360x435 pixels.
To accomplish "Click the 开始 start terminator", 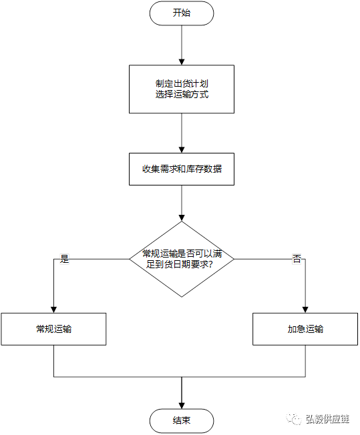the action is [x=182, y=13].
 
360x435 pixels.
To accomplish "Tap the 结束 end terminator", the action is [x=182, y=420].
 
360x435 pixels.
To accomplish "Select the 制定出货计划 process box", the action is [x=182, y=89].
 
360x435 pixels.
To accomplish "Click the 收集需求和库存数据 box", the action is [x=182, y=169].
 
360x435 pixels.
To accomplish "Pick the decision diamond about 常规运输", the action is [x=182, y=259].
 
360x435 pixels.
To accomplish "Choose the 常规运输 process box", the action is [x=53, y=329].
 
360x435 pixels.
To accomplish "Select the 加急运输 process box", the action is [x=305, y=329].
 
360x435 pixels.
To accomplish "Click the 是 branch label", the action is [x=64, y=259].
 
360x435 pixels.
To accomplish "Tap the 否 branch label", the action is [x=297, y=259].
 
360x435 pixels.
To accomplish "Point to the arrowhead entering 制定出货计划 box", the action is [x=182, y=62].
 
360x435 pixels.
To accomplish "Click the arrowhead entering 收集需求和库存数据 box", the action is [x=182, y=150].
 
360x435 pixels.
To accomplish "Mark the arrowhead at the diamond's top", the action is [x=182, y=218].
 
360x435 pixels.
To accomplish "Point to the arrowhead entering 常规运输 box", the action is [x=53, y=310].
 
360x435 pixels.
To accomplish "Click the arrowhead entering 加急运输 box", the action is [x=305, y=310].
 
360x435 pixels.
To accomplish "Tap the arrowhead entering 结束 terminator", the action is [x=182, y=406].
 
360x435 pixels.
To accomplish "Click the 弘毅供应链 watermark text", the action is [x=327, y=419].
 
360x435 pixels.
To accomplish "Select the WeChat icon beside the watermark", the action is [x=294, y=419].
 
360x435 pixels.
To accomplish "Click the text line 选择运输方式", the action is [x=182, y=95].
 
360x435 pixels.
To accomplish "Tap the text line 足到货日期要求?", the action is [x=180, y=264].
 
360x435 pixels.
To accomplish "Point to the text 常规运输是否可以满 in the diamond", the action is [x=182, y=254].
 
